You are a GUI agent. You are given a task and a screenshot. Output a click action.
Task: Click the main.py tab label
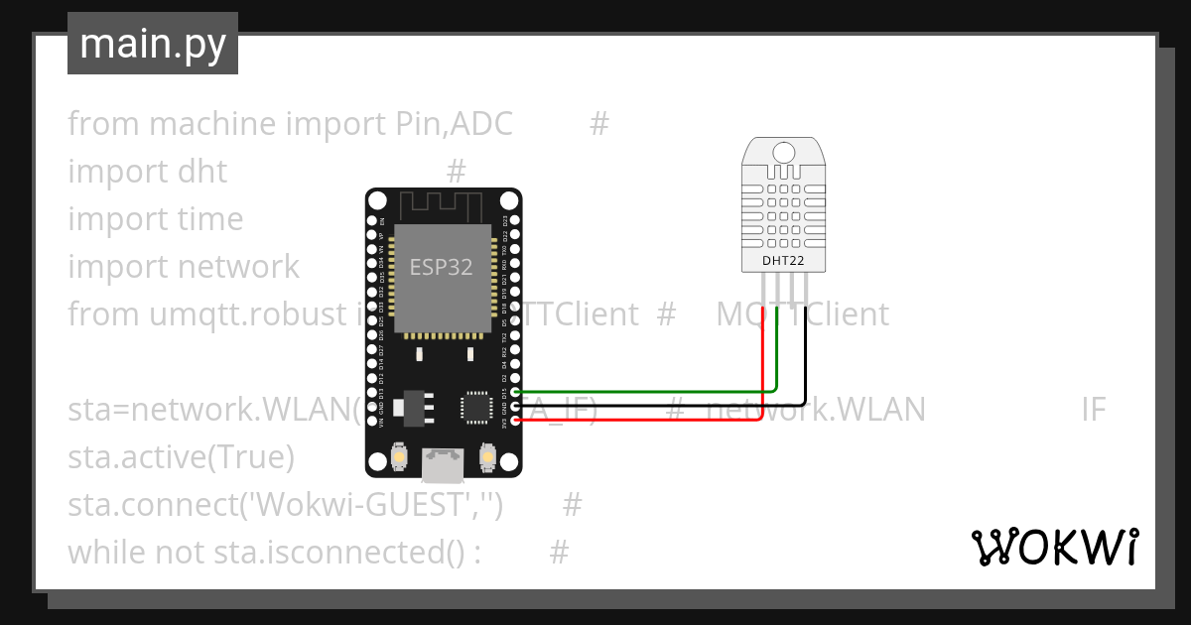[152, 44]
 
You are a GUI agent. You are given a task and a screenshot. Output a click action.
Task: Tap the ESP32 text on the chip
[442, 267]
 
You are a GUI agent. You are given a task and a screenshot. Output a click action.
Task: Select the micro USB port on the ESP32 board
[442, 462]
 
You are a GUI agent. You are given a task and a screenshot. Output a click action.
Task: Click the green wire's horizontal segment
[645, 392]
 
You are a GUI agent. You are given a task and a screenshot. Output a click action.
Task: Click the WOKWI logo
[1054, 547]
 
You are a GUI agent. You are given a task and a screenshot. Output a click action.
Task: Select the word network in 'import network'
[238, 267]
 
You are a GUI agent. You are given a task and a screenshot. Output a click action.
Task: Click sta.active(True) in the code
[182, 457]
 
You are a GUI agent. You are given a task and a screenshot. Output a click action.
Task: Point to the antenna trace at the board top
[442, 206]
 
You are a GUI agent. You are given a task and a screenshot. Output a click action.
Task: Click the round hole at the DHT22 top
[783, 152]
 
